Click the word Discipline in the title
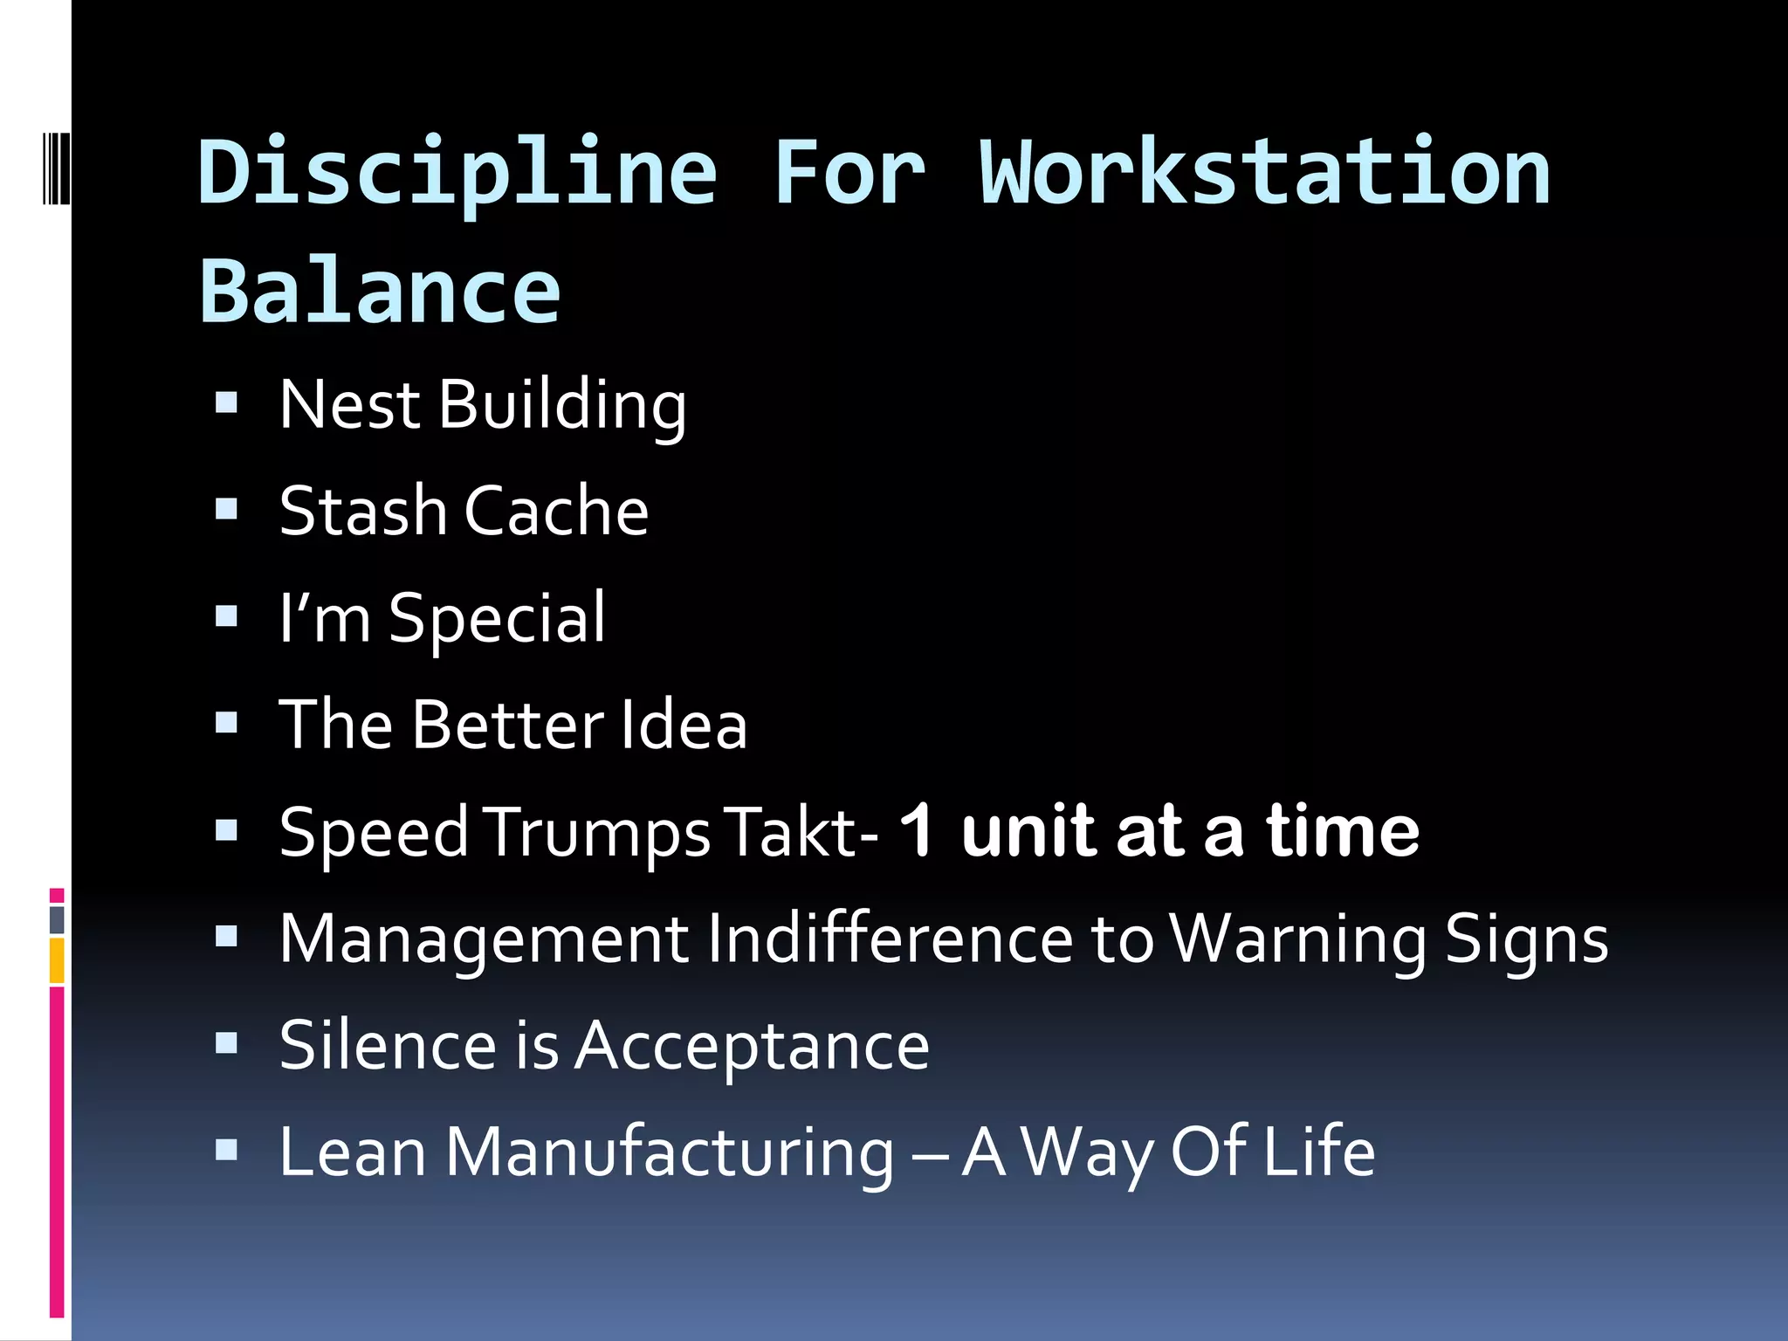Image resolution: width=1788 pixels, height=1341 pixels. click(x=457, y=173)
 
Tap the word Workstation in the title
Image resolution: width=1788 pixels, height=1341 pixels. click(x=1265, y=173)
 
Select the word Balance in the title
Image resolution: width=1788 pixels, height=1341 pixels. click(x=380, y=292)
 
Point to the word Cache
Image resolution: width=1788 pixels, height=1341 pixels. click(x=556, y=512)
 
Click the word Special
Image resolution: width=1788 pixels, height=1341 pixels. click(x=497, y=619)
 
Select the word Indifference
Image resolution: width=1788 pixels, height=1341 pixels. click(x=890, y=939)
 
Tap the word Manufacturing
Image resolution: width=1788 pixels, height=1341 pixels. click(x=670, y=1152)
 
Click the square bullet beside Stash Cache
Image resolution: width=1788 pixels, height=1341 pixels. click(x=227, y=509)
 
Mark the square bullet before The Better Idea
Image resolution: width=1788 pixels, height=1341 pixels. click(x=227, y=723)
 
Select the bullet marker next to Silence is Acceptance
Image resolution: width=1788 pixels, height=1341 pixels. click(x=227, y=1043)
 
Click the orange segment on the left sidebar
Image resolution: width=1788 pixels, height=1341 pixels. click(x=57, y=960)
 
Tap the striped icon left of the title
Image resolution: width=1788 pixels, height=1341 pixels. click(x=57, y=167)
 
